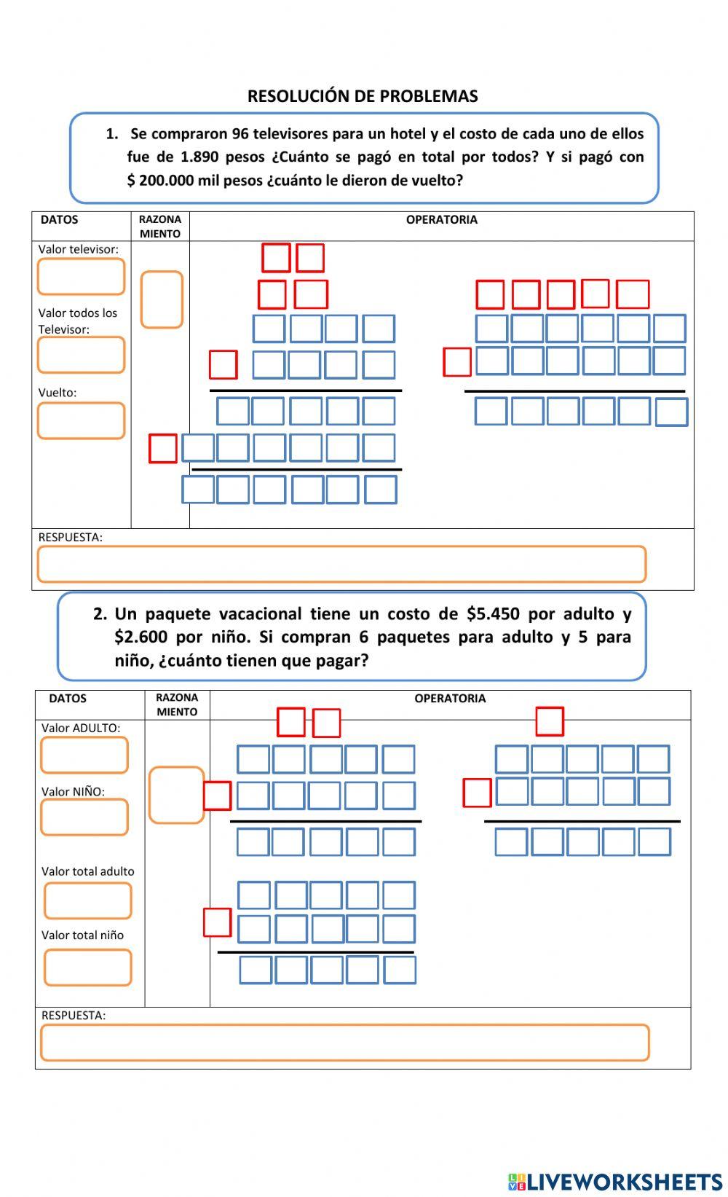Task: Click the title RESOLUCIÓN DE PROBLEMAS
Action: (363, 96)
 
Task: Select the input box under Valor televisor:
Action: (81, 276)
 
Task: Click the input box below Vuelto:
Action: (81, 420)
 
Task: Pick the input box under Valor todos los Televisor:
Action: (81, 355)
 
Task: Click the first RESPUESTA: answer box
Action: (341, 564)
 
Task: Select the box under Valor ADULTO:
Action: (84, 755)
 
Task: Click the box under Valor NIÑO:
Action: (84, 817)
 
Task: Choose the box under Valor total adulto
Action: (87, 901)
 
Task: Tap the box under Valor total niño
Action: (87, 968)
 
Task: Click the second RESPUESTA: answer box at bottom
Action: (344, 1043)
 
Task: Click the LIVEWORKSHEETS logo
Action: (615, 1181)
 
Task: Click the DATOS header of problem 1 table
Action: (59, 219)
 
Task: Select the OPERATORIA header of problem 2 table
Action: (449, 698)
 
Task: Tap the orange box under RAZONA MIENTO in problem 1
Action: (162, 299)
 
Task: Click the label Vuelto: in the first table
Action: (57, 392)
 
